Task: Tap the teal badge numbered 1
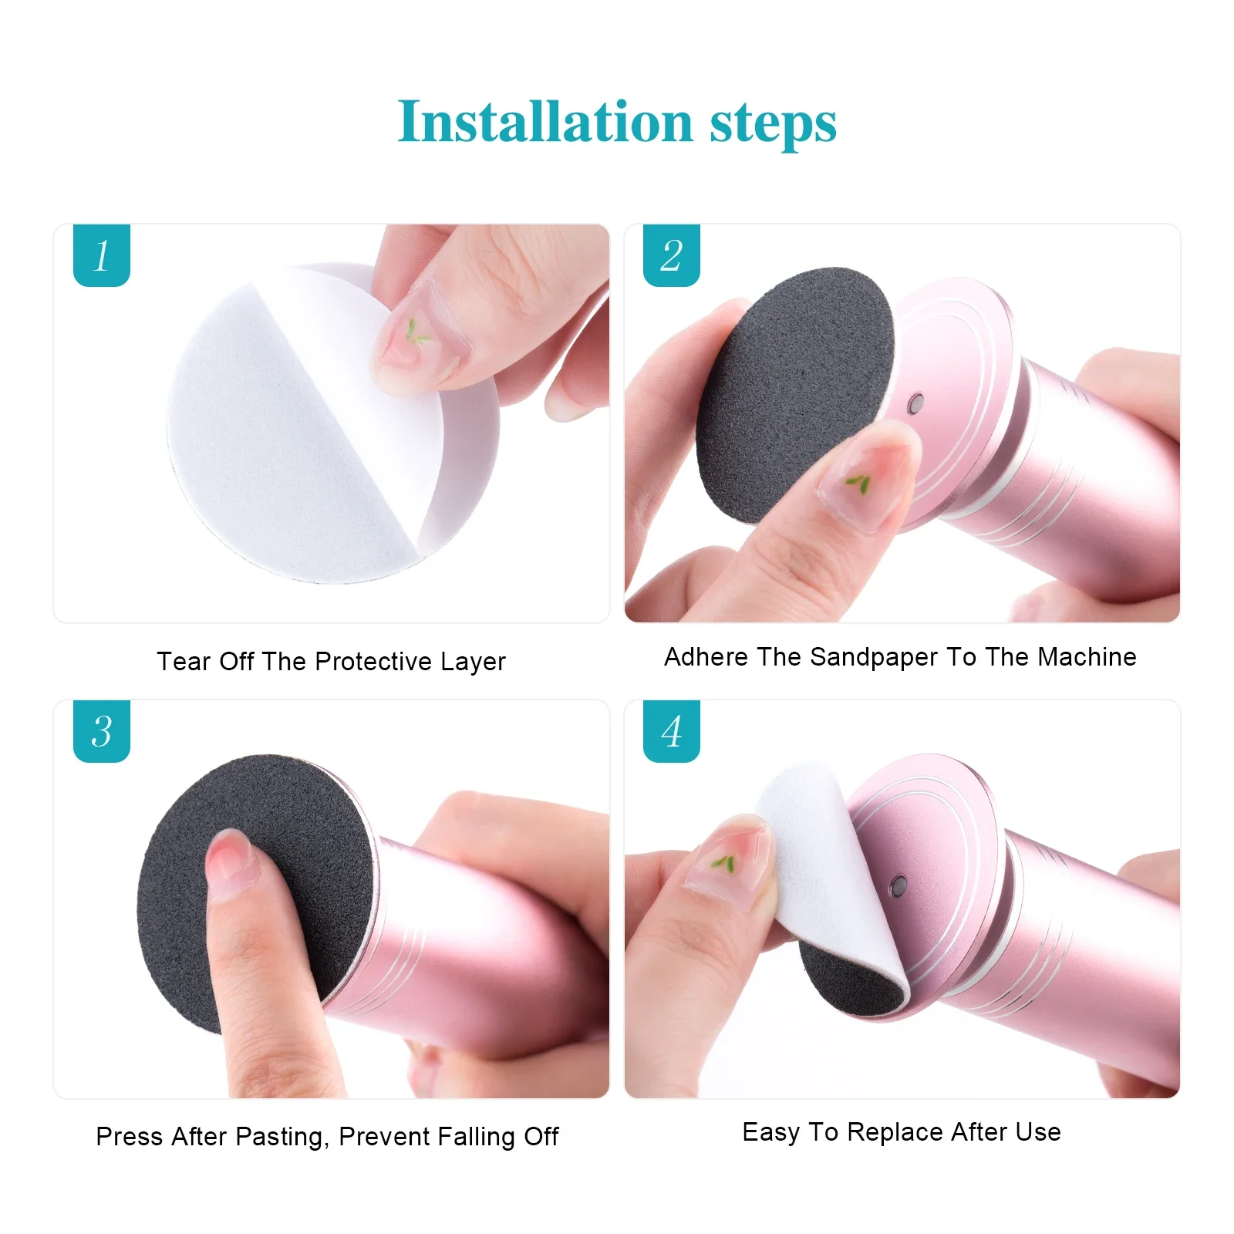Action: pos(101,255)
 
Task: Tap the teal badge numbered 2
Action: pos(671,255)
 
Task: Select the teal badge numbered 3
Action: pos(101,731)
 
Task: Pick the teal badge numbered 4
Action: pos(671,731)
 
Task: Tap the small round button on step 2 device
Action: pos(916,403)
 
